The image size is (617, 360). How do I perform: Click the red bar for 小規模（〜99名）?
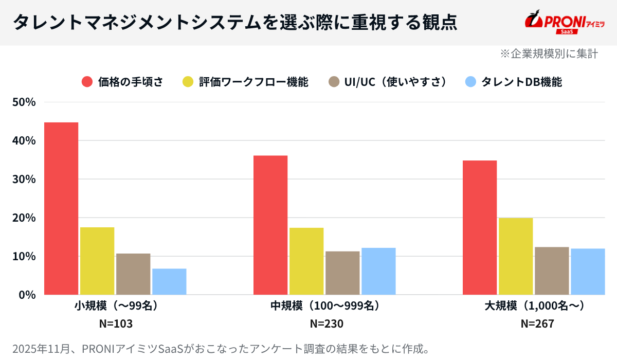pyautogui.click(x=61, y=208)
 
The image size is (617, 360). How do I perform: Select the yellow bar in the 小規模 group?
pyautogui.click(x=97, y=261)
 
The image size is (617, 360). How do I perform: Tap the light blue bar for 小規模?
pyautogui.click(x=169, y=281)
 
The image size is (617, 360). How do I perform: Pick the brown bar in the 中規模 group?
pyautogui.click(x=342, y=273)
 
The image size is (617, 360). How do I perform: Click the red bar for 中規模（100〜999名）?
pyautogui.click(x=270, y=225)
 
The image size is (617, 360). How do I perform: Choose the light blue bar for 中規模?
pyautogui.click(x=378, y=271)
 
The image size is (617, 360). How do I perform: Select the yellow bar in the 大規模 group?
pyautogui.click(x=516, y=256)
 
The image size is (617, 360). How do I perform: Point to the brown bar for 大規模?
pyautogui.click(x=552, y=271)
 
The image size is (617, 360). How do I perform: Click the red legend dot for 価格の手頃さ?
pyautogui.click(x=87, y=82)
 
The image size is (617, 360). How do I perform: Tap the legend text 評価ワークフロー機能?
pyautogui.click(x=253, y=82)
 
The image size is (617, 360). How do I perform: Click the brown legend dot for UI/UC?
pyautogui.click(x=334, y=82)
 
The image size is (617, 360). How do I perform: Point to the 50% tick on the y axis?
pyautogui.click(x=24, y=102)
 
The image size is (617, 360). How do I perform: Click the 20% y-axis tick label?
pyautogui.click(x=24, y=218)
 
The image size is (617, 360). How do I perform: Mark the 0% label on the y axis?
pyautogui.click(x=27, y=295)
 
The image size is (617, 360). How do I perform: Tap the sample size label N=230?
pyautogui.click(x=326, y=324)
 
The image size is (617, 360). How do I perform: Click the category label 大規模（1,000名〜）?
pyautogui.click(x=535, y=306)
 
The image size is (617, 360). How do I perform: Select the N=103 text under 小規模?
pyautogui.click(x=116, y=324)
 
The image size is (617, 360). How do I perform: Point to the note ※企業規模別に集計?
pyautogui.click(x=549, y=53)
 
